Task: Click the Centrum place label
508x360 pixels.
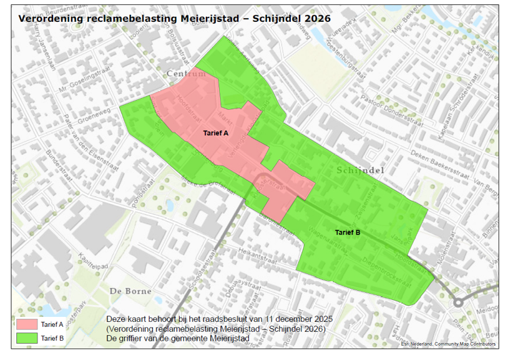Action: point(186,74)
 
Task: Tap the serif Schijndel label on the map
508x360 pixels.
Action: point(360,170)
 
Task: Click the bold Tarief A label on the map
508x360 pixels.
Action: point(216,134)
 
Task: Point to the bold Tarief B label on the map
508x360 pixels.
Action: point(348,233)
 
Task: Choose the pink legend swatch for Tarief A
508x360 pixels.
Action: point(28,324)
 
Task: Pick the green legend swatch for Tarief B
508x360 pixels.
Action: point(28,338)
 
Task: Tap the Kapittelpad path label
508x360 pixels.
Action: point(92,261)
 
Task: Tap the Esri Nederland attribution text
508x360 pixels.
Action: point(447,344)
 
